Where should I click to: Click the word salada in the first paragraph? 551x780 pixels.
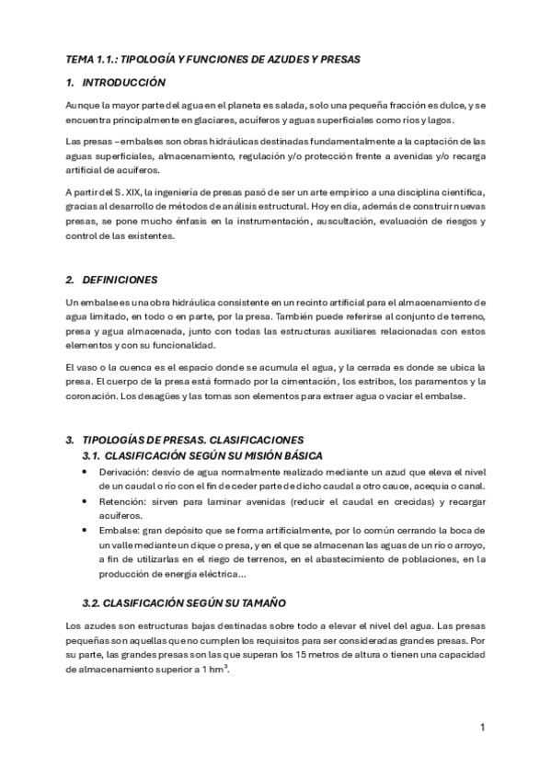[286, 106]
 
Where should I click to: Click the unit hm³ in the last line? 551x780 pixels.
[216, 670]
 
